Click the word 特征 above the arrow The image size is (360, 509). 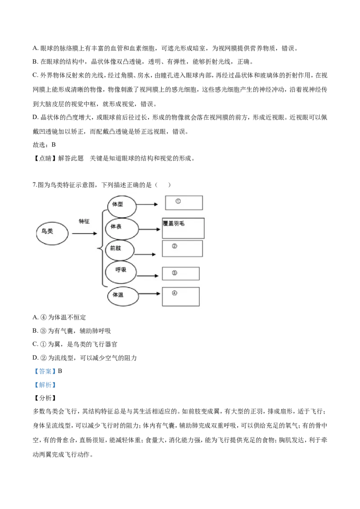(84, 221)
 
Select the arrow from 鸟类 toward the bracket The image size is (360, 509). (85, 233)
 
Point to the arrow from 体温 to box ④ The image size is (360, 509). (149, 294)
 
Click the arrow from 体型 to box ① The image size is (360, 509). (147, 205)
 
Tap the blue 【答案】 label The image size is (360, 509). (45, 371)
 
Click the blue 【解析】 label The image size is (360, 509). (45, 384)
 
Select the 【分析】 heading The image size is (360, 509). (45, 398)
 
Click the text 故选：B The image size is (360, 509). (44, 145)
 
